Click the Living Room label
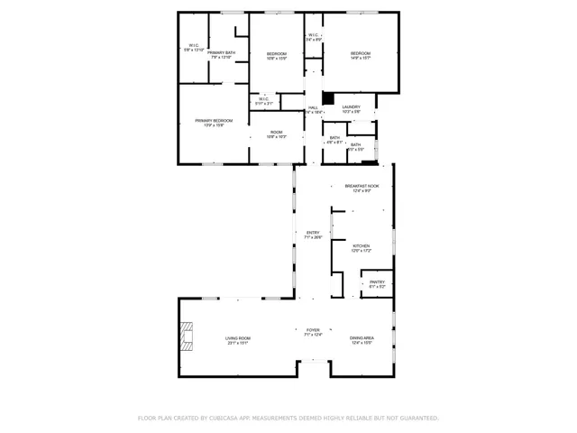click(238, 340)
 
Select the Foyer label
click(313, 332)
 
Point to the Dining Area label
click(362, 340)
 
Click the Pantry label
click(377, 283)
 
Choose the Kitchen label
click(362, 247)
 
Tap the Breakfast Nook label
click(362, 187)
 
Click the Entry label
click(313, 234)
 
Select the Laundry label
click(352, 108)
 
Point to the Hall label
click(313, 109)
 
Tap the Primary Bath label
click(222, 54)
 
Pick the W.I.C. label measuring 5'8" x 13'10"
click(194, 47)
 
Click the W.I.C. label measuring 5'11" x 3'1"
click(263, 100)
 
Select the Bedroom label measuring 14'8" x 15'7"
click(361, 55)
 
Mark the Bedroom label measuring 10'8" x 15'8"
click(277, 55)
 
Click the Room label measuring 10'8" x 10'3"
click(277, 134)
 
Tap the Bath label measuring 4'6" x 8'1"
click(334, 139)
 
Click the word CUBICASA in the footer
click(231, 419)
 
